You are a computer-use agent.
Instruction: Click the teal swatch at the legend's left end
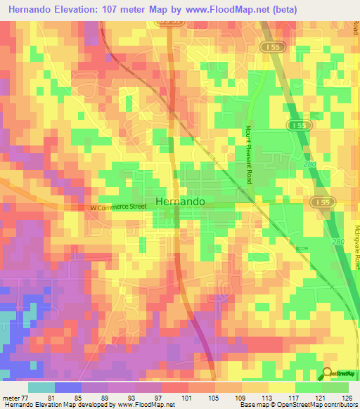point(41,387)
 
